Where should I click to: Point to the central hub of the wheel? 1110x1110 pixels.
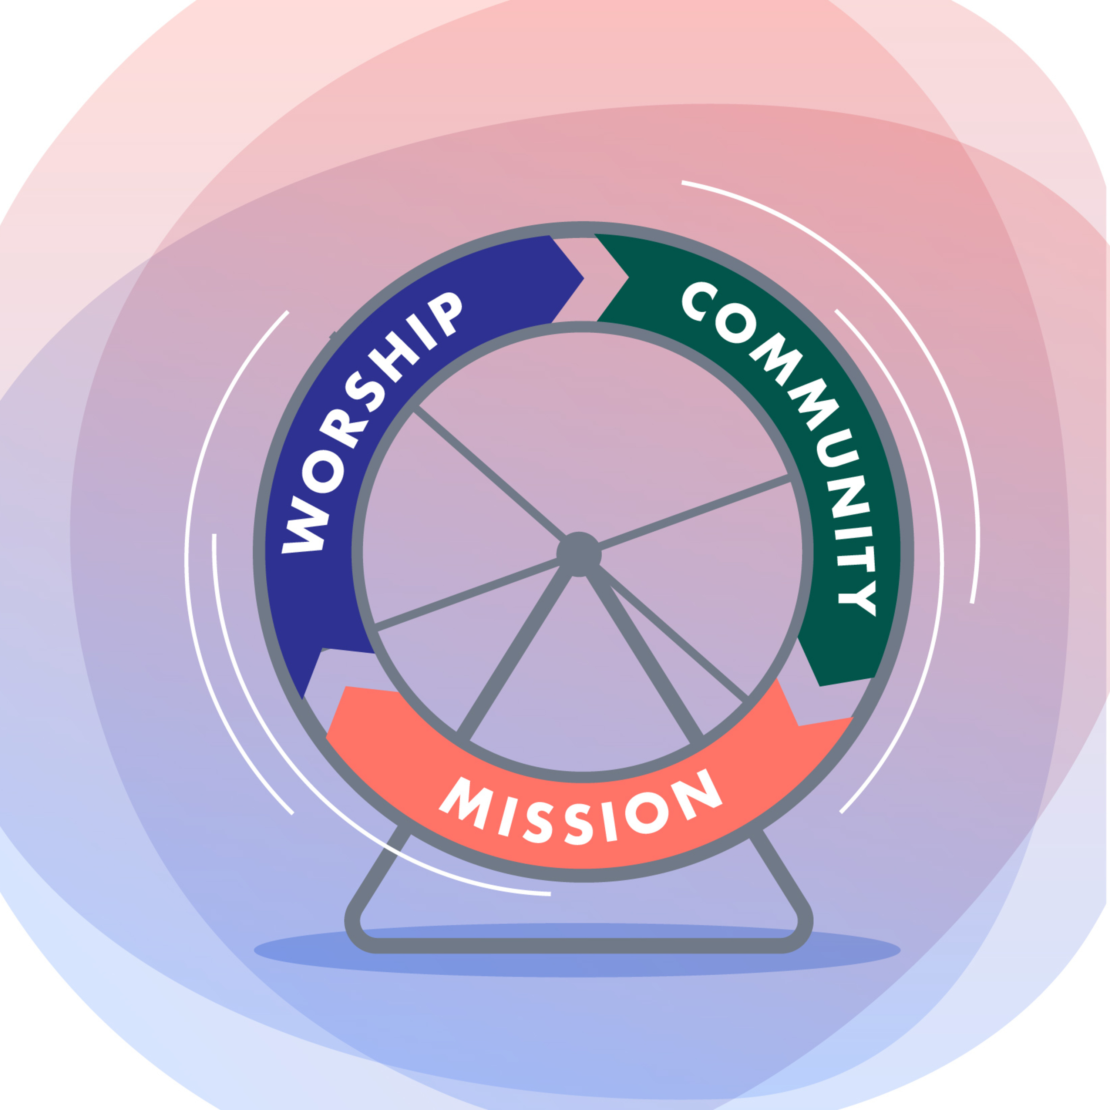pyautogui.click(x=579, y=554)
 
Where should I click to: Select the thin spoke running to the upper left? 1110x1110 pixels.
pyautogui.click(x=488, y=474)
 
